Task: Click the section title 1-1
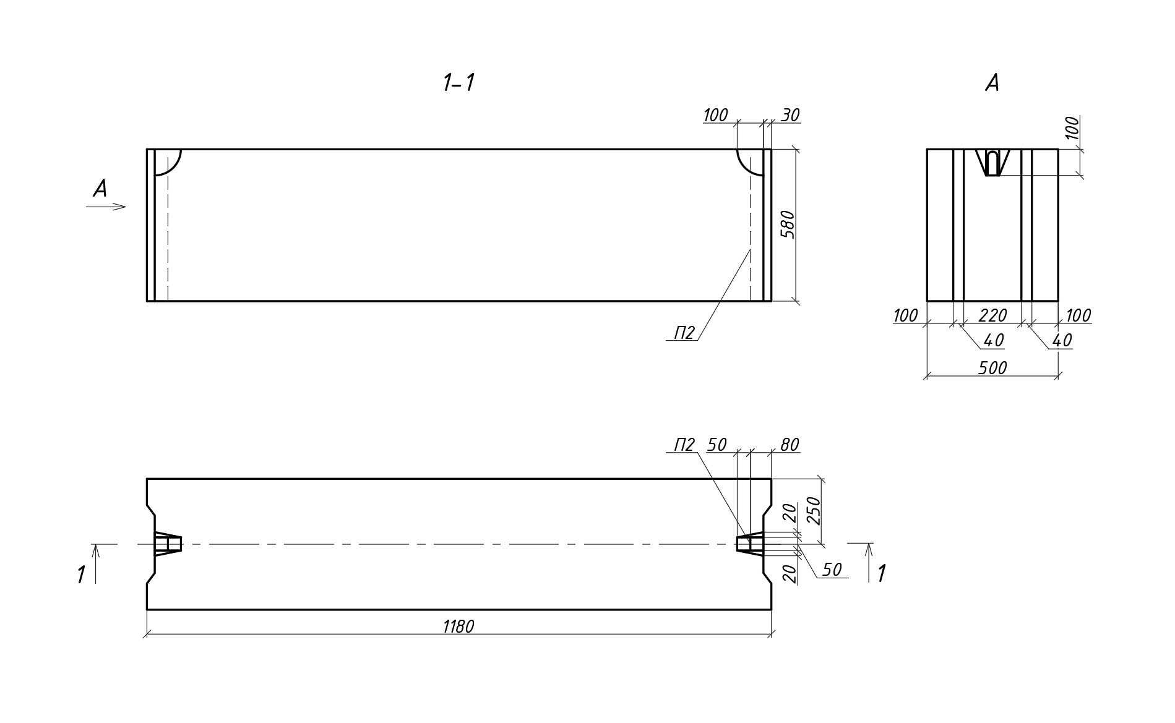[x=458, y=83]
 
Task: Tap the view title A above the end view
[x=992, y=83]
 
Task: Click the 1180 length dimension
[x=458, y=627]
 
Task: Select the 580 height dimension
[x=787, y=225]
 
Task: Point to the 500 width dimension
[x=992, y=368]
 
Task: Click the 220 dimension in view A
[x=992, y=315]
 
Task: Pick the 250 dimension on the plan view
[x=814, y=510]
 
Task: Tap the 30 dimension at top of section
[x=790, y=116]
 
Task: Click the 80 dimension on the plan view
[x=790, y=445]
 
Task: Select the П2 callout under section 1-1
[x=684, y=334]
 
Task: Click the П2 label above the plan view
[x=684, y=445]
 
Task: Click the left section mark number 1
[x=81, y=575]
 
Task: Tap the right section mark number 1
[x=882, y=573]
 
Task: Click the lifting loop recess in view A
[x=992, y=163]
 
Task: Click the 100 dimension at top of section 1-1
[x=715, y=116]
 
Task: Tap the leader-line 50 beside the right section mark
[x=832, y=570]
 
